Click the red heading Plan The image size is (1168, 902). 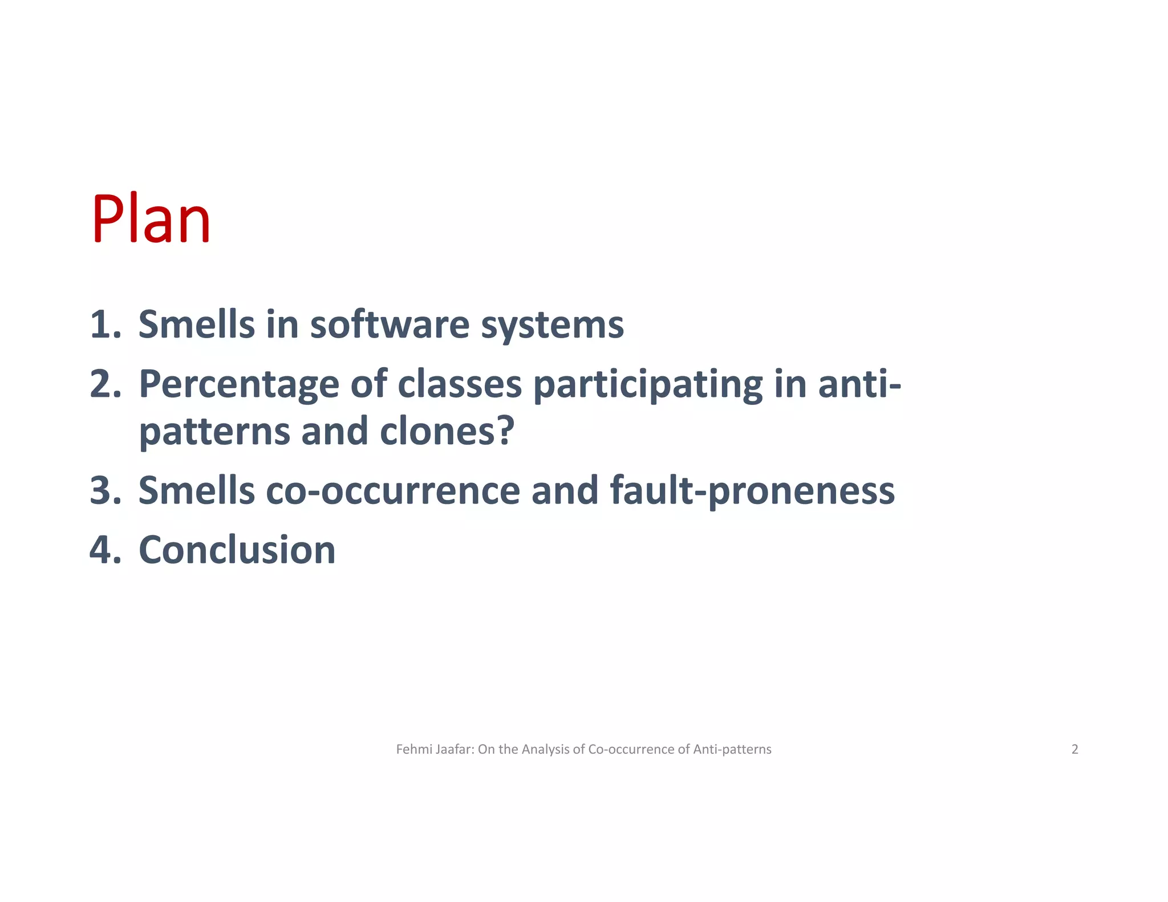click(151, 220)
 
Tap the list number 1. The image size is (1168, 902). click(105, 324)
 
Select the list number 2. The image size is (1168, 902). click(105, 384)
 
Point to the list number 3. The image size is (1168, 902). click(105, 490)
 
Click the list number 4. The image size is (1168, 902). click(105, 550)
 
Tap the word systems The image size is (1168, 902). click(552, 325)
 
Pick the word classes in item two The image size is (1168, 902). click(459, 384)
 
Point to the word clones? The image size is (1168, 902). click(447, 430)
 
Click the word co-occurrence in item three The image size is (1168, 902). click(392, 490)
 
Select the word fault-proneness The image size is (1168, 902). click(752, 490)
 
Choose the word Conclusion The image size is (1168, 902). click(237, 550)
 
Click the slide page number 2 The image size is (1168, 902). click(1074, 749)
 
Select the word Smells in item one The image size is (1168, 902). click(196, 324)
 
